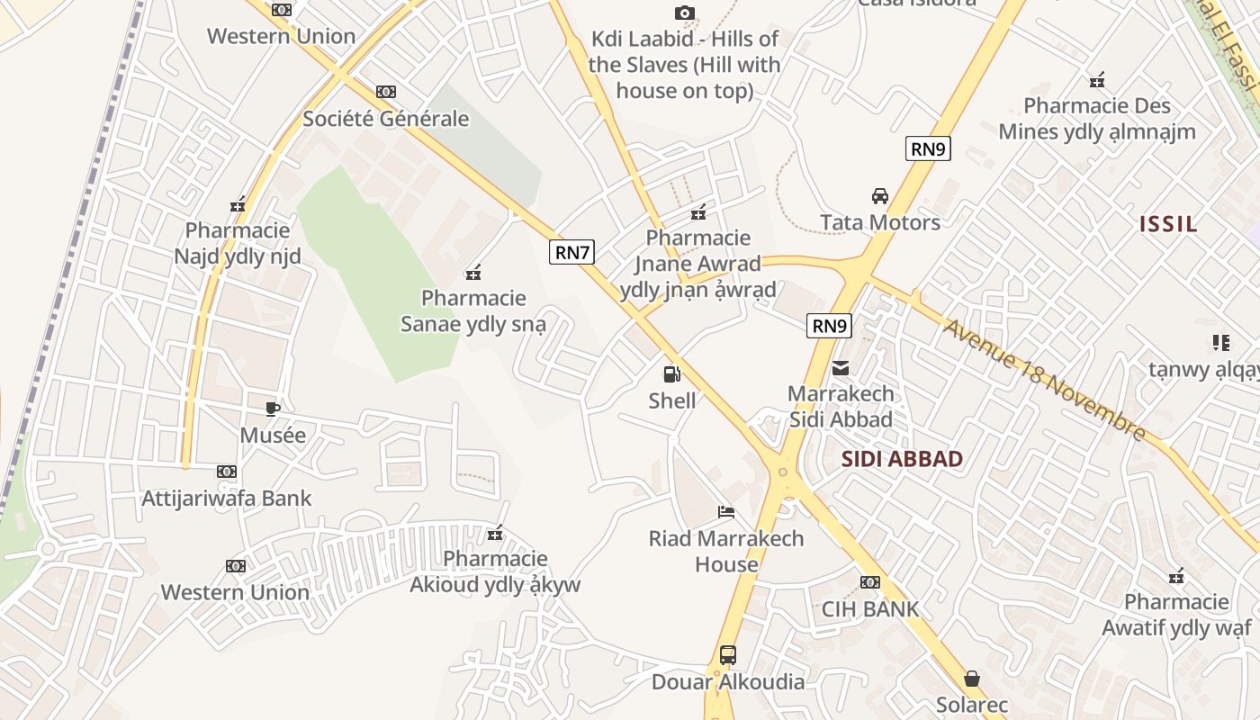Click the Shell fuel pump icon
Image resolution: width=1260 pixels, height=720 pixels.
pos(671,374)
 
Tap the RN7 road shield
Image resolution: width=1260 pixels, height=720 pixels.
pos(572,252)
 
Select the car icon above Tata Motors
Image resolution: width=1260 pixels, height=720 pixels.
pos(879,196)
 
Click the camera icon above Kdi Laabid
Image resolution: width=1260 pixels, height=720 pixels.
pos(685,13)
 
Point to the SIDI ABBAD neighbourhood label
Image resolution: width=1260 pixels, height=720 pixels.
pos(902,459)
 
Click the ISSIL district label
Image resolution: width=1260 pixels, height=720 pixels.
pos(1168,224)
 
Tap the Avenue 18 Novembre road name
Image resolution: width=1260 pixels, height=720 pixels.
pos(1044,380)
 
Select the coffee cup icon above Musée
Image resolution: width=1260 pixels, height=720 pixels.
pos(273,409)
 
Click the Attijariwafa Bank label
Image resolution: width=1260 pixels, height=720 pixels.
pos(227,498)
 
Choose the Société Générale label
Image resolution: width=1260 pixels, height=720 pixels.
pos(386,118)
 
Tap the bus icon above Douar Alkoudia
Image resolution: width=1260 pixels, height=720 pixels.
pos(728,655)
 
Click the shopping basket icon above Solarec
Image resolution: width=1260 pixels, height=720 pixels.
pos(972,679)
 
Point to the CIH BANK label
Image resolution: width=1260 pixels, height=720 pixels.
pos(870,608)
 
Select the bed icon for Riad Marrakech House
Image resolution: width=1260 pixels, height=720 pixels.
pos(726,512)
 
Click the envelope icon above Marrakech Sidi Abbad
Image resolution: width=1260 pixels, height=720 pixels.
pos(841,367)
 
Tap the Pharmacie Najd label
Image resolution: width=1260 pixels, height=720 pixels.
pos(238,244)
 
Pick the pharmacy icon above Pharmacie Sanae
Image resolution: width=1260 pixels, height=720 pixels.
pos(473,273)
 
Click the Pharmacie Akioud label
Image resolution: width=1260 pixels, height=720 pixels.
pos(495,571)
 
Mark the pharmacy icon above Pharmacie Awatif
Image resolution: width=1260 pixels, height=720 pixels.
pos(1176,576)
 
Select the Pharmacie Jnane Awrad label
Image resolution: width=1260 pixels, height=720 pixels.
pos(698,264)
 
